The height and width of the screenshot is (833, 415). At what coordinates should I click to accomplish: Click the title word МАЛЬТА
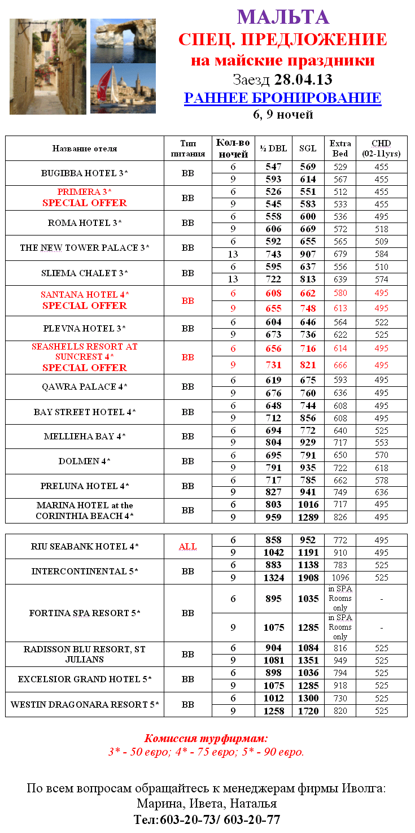(x=283, y=17)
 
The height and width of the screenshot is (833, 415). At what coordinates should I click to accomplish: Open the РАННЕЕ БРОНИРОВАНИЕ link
(x=282, y=98)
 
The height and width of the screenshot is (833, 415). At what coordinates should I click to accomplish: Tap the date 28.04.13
(x=303, y=78)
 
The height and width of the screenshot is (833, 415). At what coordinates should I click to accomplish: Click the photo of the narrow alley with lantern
(x=48, y=67)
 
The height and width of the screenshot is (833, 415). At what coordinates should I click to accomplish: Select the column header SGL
(x=308, y=149)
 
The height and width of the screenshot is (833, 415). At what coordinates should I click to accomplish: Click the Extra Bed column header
(x=340, y=149)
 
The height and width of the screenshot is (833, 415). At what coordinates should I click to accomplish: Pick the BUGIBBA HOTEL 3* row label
(x=85, y=173)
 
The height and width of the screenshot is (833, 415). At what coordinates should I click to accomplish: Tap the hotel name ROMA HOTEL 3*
(x=85, y=223)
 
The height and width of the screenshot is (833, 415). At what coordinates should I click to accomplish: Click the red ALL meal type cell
(x=187, y=547)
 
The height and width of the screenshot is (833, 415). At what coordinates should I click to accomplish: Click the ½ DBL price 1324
(x=274, y=578)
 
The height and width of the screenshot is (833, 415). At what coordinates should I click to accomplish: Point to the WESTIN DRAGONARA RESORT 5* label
(x=85, y=705)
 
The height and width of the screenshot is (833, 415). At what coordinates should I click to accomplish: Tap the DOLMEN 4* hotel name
(x=85, y=461)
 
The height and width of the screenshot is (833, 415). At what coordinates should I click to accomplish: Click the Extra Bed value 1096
(x=340, y=578)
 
